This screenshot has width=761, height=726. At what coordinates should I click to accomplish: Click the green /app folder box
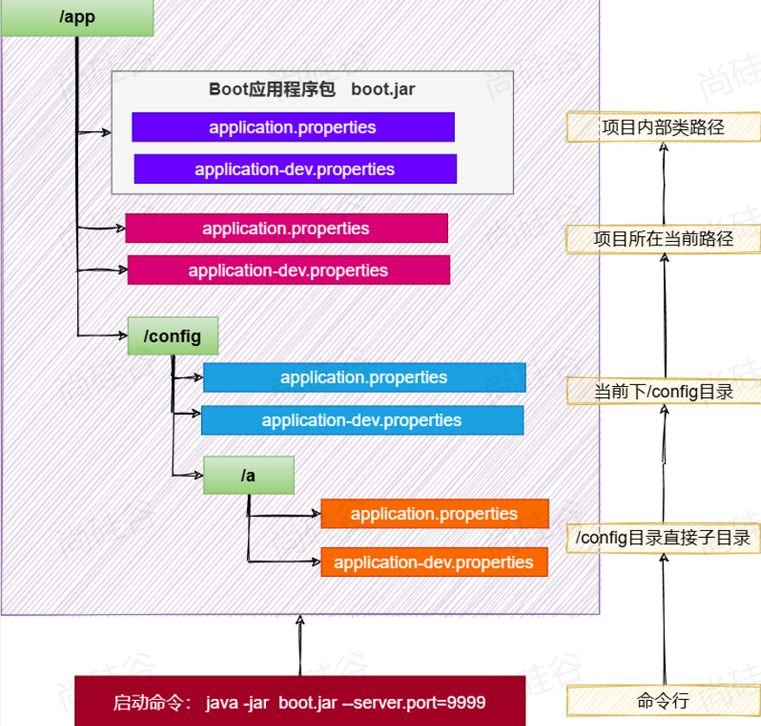click(77, 17)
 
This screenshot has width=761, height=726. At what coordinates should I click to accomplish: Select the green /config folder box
click(172, 337)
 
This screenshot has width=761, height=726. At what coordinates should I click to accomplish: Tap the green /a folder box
click(249, 475)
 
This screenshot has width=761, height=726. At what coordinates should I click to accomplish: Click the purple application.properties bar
click(293, 127)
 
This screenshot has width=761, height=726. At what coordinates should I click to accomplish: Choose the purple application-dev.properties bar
click(295, 169)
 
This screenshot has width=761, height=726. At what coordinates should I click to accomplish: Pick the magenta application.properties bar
click(286, 228)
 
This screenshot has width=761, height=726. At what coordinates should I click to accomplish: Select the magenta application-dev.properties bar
click(289, 270)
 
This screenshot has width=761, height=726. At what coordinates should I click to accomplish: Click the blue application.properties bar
click(364, 377)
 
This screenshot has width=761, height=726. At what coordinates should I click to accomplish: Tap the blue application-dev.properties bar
click(362, 421)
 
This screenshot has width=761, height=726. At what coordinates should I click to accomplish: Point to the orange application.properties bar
click(434, 513)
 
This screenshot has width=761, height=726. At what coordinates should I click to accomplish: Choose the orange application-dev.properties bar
click(434, 562)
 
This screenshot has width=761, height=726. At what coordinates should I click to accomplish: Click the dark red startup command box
click(300, 701)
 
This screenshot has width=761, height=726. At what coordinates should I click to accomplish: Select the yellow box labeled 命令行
click(664, 700)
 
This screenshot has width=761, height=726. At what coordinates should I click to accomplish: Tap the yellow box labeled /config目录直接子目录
click(664, 538)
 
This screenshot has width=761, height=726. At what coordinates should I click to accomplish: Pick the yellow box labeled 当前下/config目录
click(664, 391)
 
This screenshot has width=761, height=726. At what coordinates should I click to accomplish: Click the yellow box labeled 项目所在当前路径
click(664, 239)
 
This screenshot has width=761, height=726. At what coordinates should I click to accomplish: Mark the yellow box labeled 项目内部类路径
click(664, 128)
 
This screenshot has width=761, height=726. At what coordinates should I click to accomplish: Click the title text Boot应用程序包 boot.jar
click(313, 89)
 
